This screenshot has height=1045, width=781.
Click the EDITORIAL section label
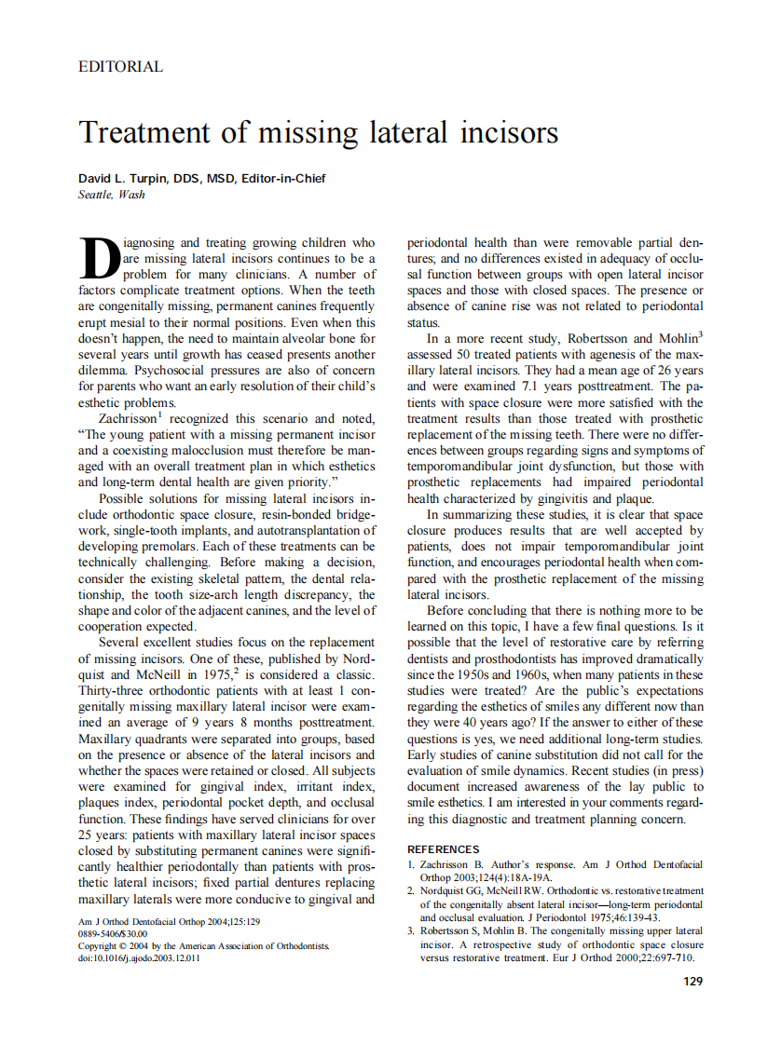[x=121, y=67]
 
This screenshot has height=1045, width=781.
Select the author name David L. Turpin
[x=125, y=179]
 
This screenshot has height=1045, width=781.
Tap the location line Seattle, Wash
[x=112, y=195]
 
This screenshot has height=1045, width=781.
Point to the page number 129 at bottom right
[x=692, y=981]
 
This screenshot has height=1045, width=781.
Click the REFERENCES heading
[x=444, y=849]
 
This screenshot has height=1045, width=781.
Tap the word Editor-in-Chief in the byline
[x=283, y=179]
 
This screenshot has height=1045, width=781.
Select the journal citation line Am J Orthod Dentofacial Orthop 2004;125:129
[x=169, y=921]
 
